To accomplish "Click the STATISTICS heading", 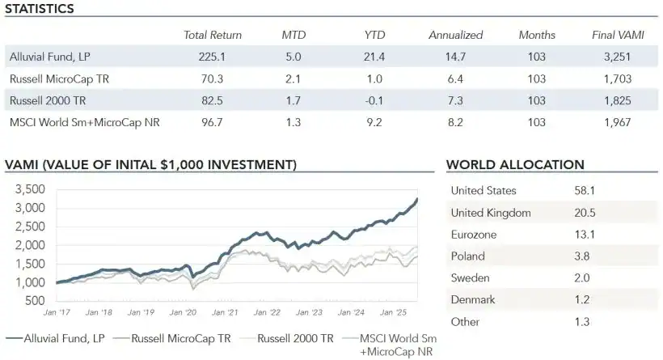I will [x=40, y=9].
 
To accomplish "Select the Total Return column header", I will [x=213, y=36].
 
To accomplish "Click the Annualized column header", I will [x=455, y=36].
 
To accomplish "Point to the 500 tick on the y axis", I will [x=35, y=301].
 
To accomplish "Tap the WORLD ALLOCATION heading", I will [x=515, y=165].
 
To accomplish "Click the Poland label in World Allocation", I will [x=467, y=256].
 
